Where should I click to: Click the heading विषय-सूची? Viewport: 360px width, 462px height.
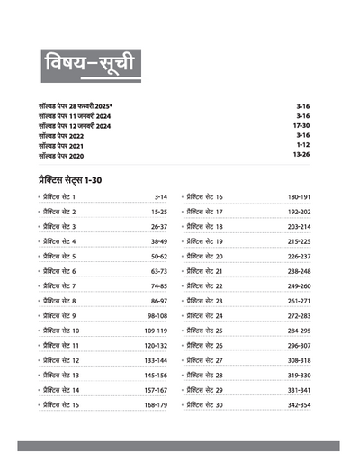coord(89,67)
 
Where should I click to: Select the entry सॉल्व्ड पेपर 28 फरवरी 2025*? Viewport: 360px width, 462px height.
coord(82,104)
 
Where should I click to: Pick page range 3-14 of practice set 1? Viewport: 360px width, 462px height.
coord(161,196)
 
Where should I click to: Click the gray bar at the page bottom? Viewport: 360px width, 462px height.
coord(180,445)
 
